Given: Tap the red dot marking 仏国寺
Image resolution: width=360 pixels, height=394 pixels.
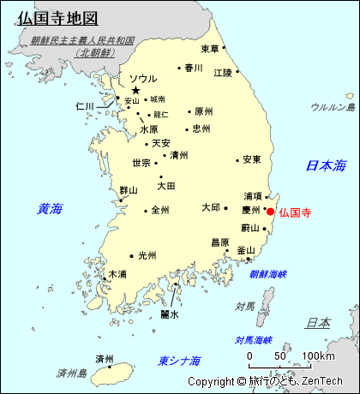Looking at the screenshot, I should click(x=271, y=212).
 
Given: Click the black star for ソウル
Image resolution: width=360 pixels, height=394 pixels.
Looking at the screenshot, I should click(x=135, y=90).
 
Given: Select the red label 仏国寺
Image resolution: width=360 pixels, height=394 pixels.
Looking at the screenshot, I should click(x=295, y=212).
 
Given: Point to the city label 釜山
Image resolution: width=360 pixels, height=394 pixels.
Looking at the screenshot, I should click(x=246, y=251).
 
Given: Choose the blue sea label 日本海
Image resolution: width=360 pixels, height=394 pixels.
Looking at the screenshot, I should click(x=327, y=165).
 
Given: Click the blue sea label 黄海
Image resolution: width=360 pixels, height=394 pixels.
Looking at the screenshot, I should click(x=50, y=208).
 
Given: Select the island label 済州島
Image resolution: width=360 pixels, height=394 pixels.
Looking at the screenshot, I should click(x=72, y=373).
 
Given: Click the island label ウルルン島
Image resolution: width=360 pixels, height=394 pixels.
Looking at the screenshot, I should click(x=333, y=107).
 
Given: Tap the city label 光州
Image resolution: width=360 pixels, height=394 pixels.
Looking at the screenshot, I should click(x=147, y=255).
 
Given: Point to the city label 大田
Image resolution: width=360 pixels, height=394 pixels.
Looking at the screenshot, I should click(x=166, y=186).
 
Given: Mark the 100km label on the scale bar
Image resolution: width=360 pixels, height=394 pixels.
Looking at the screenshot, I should click(x=317, y=356).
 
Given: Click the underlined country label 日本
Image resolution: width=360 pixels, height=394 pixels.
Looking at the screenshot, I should click(x=318, y=323).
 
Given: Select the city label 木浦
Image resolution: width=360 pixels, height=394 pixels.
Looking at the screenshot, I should click(x=117, y=275).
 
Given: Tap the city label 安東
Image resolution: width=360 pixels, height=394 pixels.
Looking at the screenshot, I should click(x=251, y=159).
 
